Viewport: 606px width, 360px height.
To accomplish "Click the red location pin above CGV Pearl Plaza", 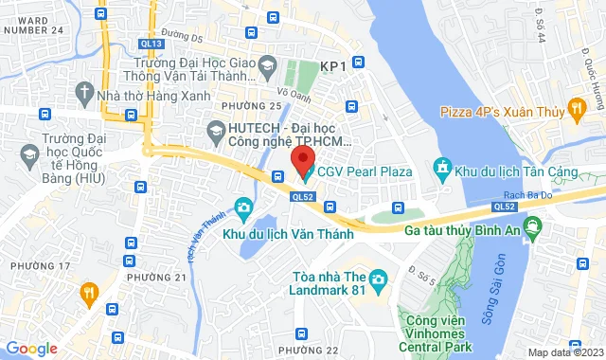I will point(302,157).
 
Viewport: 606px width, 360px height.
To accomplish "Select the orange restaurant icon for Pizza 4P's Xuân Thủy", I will point(575,111).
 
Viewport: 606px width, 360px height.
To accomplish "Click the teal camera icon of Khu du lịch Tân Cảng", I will point(442,169).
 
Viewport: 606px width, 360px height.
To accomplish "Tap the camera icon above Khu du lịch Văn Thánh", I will point(243,207).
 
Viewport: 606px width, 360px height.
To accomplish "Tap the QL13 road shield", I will point(151,44).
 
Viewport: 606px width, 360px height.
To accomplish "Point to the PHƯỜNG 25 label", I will point(250,104).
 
